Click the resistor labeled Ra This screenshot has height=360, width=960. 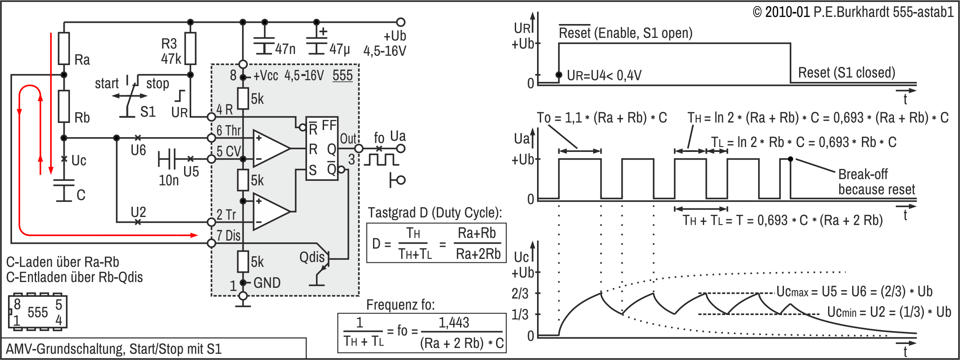[x=64, y=48]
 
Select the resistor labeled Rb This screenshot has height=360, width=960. [x=64, y=106]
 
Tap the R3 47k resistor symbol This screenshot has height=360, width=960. [x=190, y=48]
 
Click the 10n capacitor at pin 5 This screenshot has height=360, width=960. [x=167, y=159]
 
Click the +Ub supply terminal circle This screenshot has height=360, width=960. [x=401, y=22]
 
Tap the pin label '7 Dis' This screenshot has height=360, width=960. [x=228, y=235]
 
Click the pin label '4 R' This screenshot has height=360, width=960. [x=225, y=110]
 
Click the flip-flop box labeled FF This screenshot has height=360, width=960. [x=322, y=149]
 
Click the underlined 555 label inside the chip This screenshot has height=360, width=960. [x=342, y=75]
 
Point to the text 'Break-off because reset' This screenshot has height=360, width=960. [x=875, y=181]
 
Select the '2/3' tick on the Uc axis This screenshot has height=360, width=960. [x=520, y=293]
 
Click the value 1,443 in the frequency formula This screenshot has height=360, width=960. [x=454, y=322]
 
